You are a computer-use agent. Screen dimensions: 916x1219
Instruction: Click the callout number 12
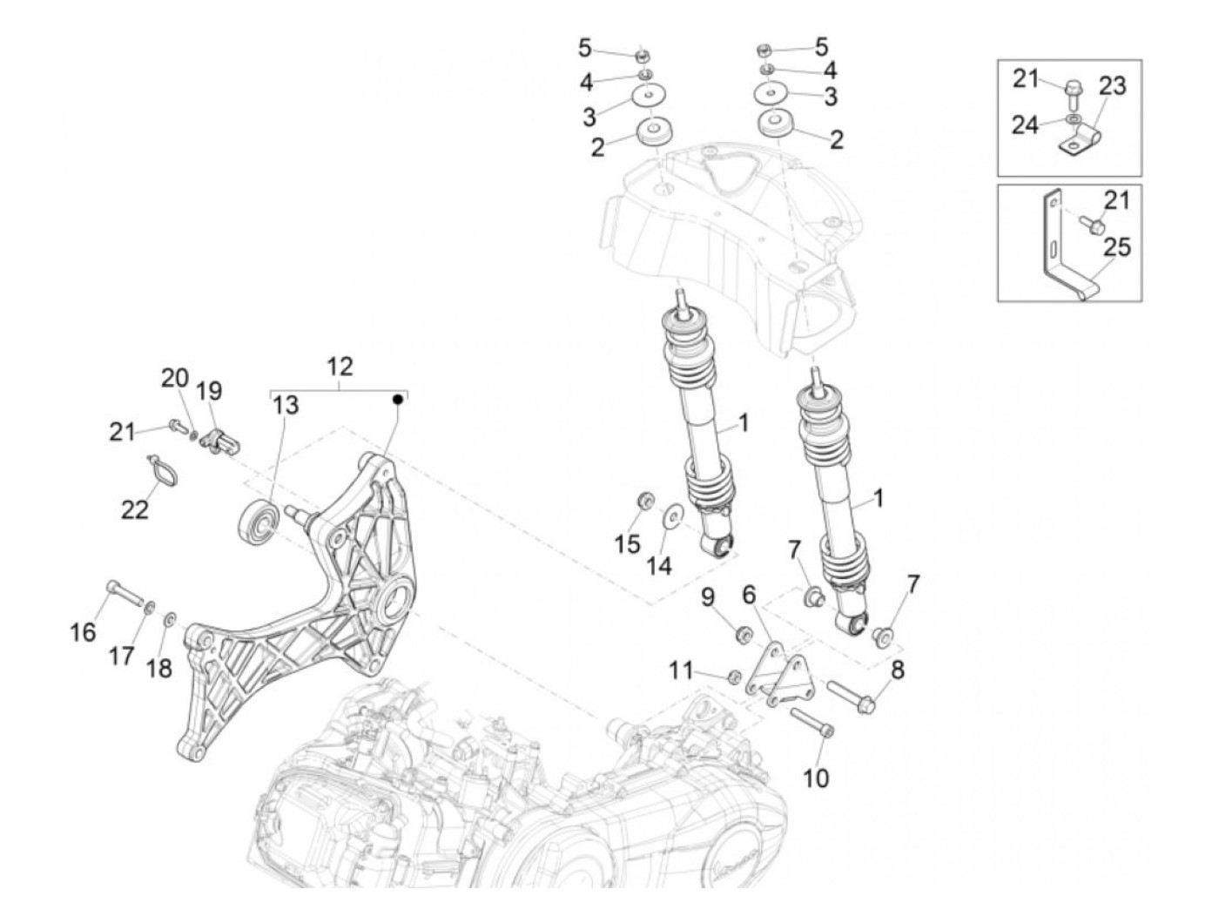click(x=340, y=367)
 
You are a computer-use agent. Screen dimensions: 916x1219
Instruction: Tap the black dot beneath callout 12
click(x=398, y=400)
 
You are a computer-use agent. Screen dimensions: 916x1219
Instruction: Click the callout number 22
click(x=135, y=509)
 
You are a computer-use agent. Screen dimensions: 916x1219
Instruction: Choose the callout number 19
click(x=209, y=393)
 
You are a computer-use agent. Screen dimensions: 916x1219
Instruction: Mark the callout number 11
click(x=681, y=670)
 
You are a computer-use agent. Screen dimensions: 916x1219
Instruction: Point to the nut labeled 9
click(x=745, y=633)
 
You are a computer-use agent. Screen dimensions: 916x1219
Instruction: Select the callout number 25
click(x=1116, y=248)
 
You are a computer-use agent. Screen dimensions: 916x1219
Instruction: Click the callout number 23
click(x=1112, y=85)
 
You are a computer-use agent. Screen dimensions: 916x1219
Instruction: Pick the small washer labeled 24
click(x=1073, y=118)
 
